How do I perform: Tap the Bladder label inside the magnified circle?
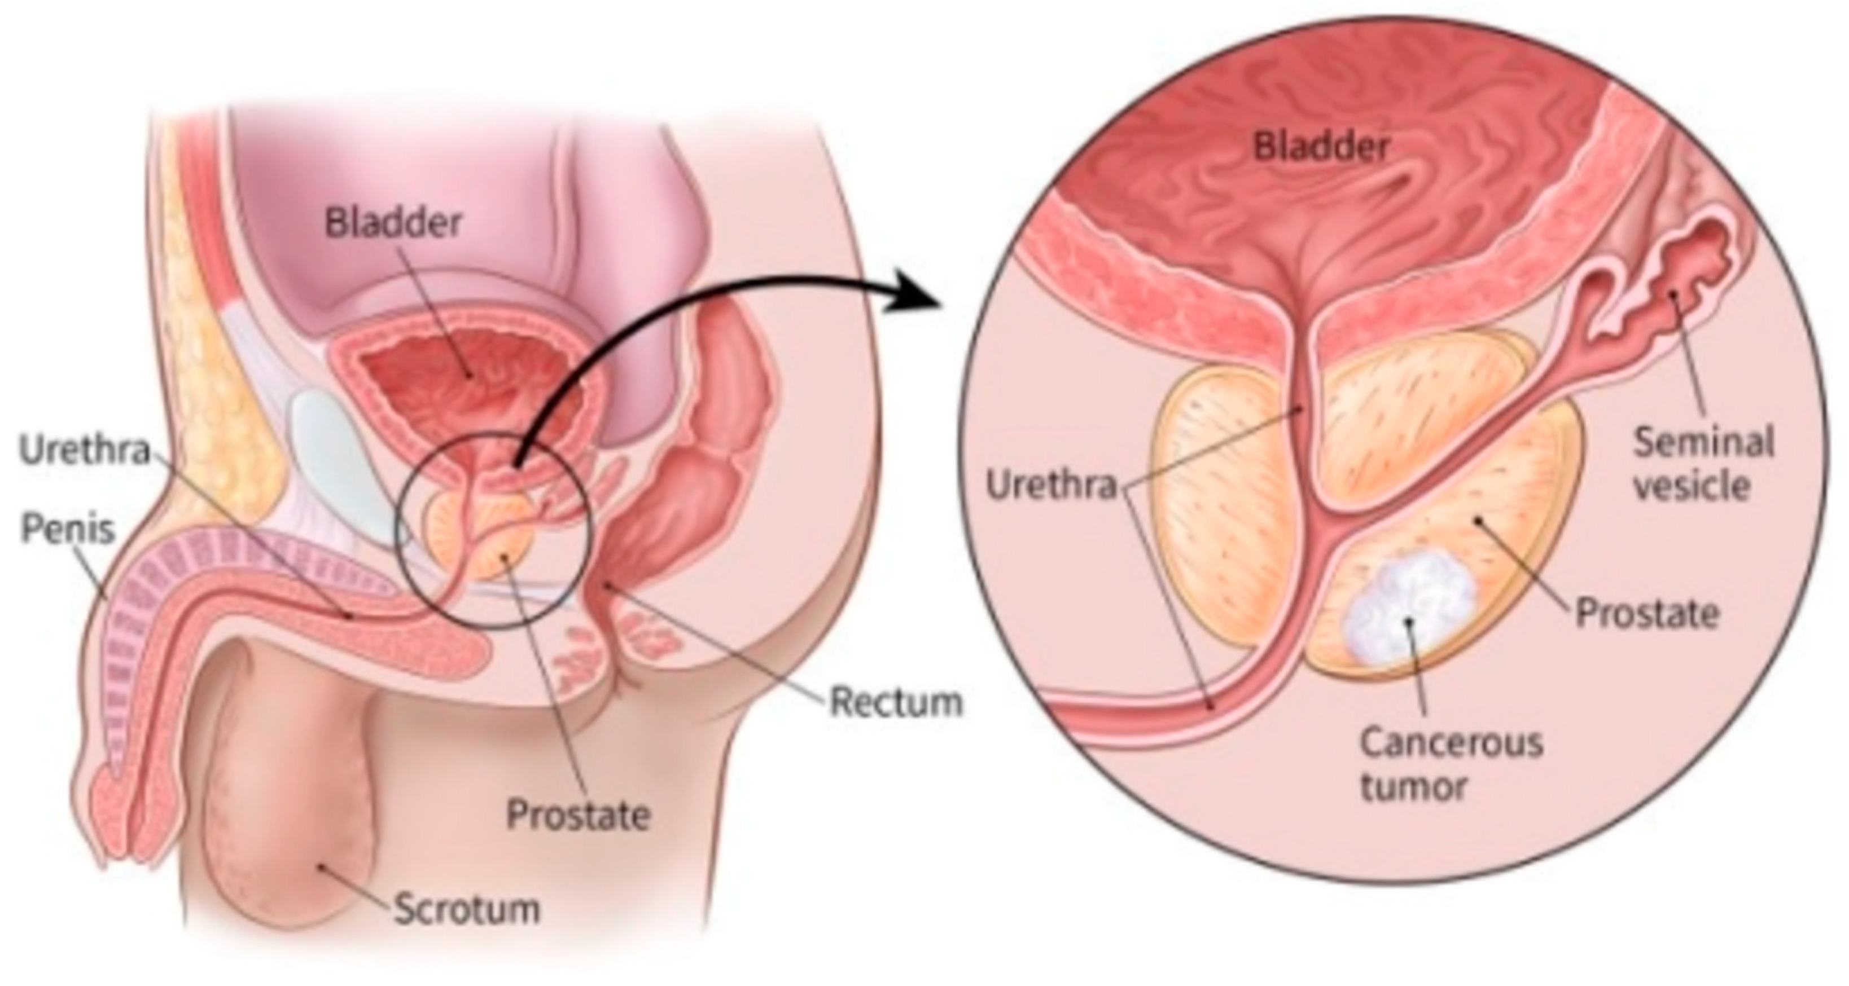click(1321, 147)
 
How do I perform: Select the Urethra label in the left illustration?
click(85, 451)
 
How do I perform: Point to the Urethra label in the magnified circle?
click(1052, 486)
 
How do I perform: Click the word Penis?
click(68, 530)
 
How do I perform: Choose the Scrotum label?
click(467, 909)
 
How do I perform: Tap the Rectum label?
click(896, 702)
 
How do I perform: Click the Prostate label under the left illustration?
click(578, 815)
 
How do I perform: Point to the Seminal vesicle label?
click(1703, 464)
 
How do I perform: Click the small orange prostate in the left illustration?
click(496, 545)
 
